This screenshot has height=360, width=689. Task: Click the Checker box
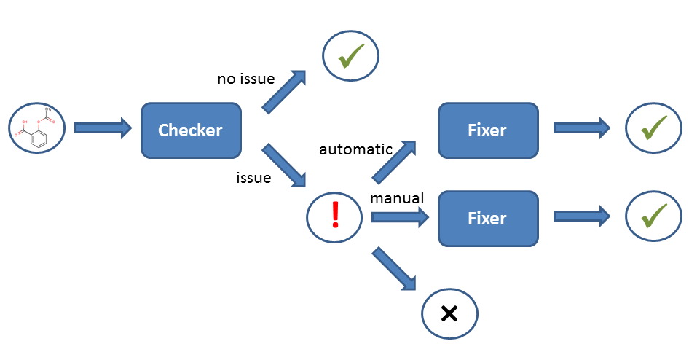[x=191, y=130]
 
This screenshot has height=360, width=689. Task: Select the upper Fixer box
[x=487, y=130]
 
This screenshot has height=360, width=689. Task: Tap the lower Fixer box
[x=487, y=218]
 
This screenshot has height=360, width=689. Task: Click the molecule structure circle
[x=38, y=128]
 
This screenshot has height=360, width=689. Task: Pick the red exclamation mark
[x=335, y=216]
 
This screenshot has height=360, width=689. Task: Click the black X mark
[x=449, y=313]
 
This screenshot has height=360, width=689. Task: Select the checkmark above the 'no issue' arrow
[x=351, y=55]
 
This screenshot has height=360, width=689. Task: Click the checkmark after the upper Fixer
[x=653, y=128]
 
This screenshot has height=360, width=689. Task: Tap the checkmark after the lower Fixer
[x=653, y=216]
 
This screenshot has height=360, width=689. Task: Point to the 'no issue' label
[x=245, y=79]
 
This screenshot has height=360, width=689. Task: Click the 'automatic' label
[x=355, y=149]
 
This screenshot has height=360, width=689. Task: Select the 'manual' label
[x=398, y=198]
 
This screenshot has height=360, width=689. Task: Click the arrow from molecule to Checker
[x=102, y=128]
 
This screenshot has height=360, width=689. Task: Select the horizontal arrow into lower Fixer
[x=400, y=216]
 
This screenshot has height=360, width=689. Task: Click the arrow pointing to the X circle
[x=394, y=270]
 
